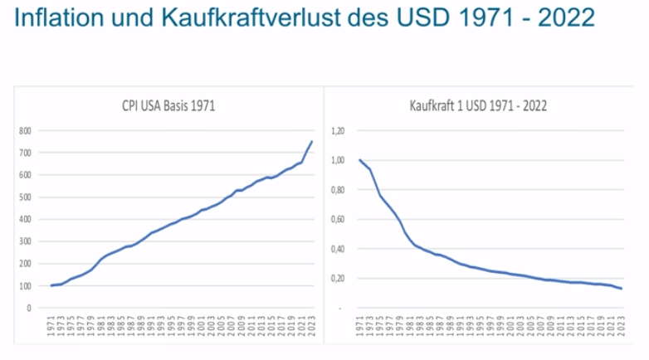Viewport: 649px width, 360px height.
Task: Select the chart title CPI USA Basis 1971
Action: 169,105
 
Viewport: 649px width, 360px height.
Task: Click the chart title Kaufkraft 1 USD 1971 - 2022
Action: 478,105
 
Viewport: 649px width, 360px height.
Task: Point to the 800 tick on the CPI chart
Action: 27,131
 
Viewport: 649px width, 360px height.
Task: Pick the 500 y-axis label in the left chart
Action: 27,197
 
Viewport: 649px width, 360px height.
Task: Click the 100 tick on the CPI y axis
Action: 27,286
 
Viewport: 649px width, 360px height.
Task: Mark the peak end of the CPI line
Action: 312,141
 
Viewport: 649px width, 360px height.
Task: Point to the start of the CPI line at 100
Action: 52,285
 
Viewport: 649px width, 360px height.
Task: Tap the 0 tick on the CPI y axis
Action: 30,308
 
